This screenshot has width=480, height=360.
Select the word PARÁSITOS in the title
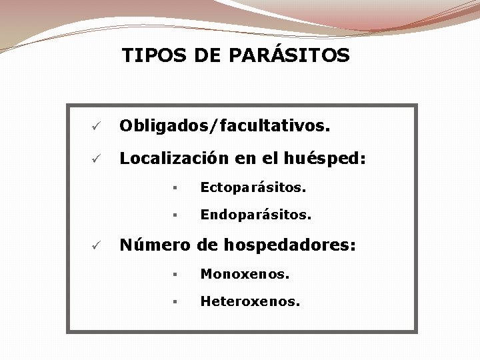point(289,55)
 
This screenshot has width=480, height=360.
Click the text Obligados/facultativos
point(224,125)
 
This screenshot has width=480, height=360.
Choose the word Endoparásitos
point(256,215)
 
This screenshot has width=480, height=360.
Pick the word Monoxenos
point(245,274)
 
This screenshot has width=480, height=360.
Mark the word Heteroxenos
point(250,302)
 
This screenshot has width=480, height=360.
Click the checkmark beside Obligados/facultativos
point(96,126)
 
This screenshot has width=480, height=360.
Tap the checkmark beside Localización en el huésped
point(96,159)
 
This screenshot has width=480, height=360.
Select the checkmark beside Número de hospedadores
point(96,245)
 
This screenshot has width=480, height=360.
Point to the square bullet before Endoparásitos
point(173,216)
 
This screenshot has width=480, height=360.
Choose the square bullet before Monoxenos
point(173,275)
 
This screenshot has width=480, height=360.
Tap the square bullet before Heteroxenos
point(173,303)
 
